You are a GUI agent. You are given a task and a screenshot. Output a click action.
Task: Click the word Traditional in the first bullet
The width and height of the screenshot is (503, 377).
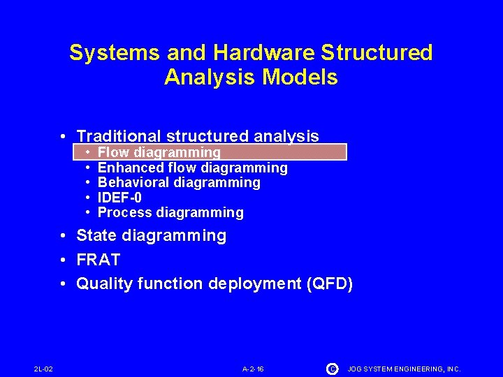pyautogui.click(x=119, y=136)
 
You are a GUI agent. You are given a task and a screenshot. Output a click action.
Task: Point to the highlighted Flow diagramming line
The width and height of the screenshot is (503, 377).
pyautogui.click(x=159, y=152)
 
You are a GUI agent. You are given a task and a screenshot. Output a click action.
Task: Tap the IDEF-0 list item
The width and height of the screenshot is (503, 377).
pyautogui.click(x=119, y=198)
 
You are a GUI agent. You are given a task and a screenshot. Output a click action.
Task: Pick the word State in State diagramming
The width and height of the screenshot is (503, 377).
pyautogui.click(x=96, y=236)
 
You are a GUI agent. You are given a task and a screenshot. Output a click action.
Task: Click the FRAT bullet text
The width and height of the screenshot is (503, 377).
pyautogui.click(x=99, y=260)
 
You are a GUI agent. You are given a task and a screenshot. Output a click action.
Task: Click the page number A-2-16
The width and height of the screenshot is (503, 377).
pyautogui.click(x=253, y=369)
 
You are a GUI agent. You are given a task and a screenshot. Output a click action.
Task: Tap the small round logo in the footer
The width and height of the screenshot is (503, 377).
pyautogui.click(x=331, y=368)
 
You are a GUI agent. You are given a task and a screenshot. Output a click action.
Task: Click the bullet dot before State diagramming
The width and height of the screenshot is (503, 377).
pyautogui.click(x=63, y=236)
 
